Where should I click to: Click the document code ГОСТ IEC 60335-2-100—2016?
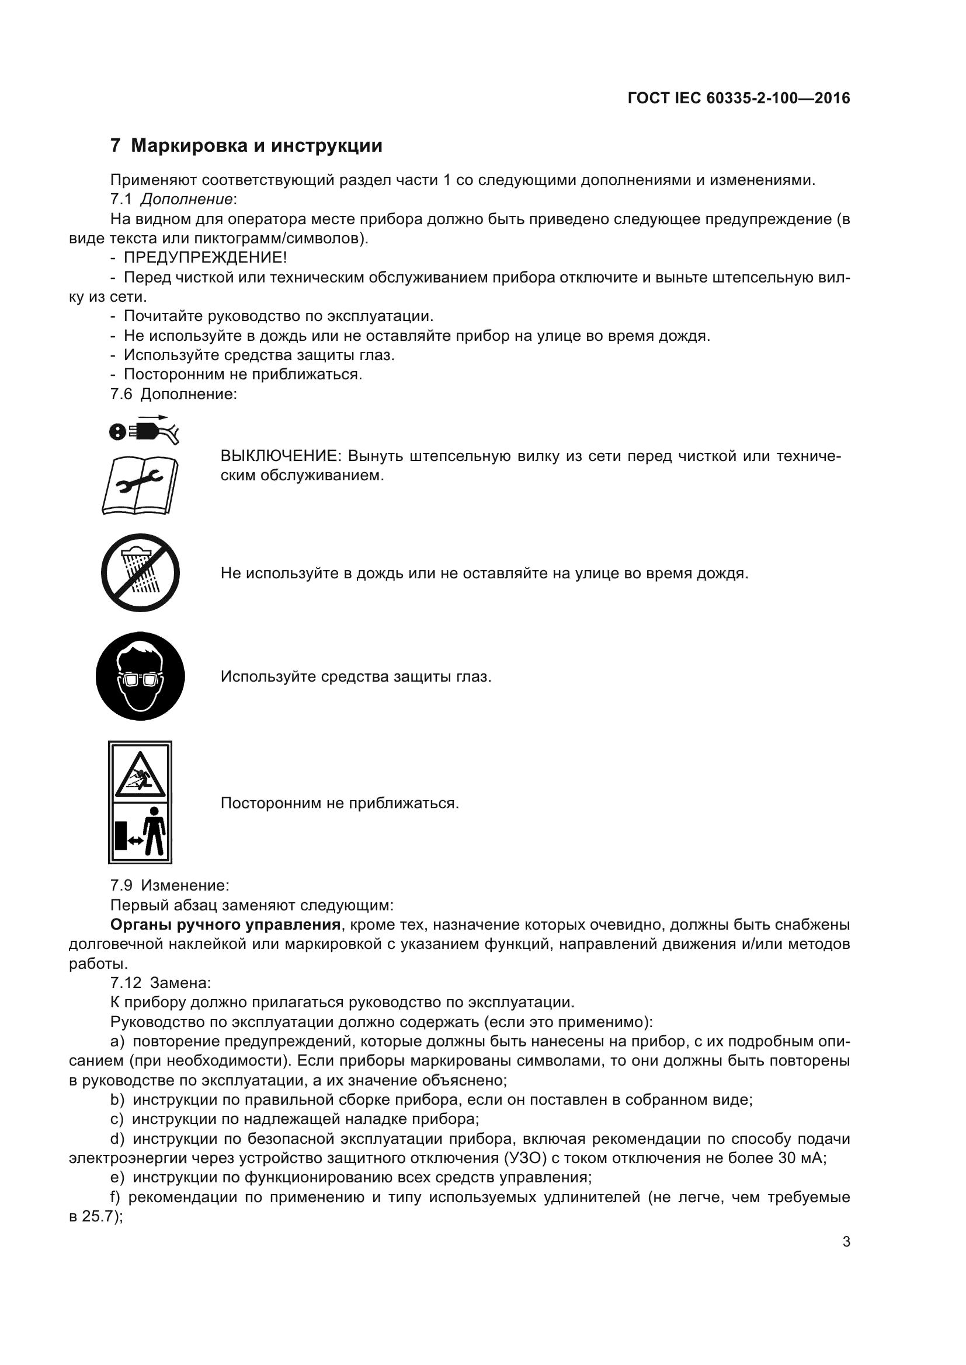(x=738, y=98)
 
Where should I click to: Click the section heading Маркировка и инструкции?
(x=256, y=146)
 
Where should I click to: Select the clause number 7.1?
(x=121, y=199)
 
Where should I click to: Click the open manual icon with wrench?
(x=140, y=485)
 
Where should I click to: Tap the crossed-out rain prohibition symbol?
(x=140, y=572)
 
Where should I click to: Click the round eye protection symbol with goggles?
(x=140, y=676)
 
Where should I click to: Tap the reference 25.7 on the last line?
(x=97, y=1216)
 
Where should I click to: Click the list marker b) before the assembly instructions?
(x=117, y=1099)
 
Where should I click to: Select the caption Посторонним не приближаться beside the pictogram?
(x=339, y=803)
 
